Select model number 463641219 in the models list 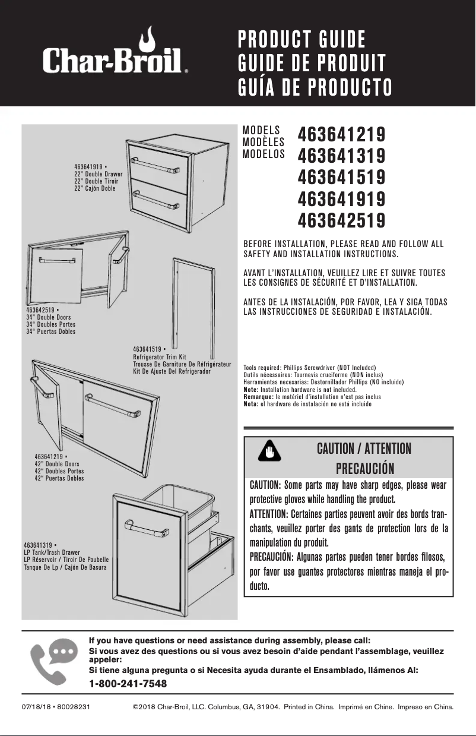[341, 135]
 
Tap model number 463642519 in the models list [341, 220]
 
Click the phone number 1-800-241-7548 [128, 684]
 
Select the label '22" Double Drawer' [99, 174]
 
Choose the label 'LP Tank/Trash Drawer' [52, 552]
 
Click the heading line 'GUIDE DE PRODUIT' [312, 63]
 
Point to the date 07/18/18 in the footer [34, 707]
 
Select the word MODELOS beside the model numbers [264, 153]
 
